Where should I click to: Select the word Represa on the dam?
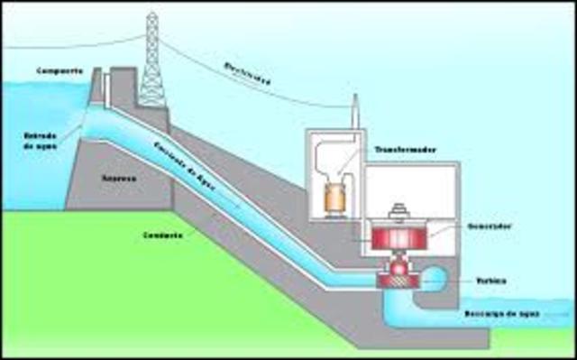click(x=119, y=180)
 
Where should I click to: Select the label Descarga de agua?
click(x=521, y=315)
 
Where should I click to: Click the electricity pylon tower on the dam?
click(x=152, y=63)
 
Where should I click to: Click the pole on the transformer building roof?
click(x=355, y=112)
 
